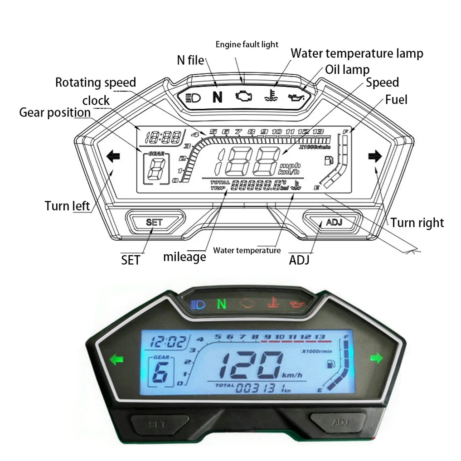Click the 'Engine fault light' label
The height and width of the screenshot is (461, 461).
(247, 44)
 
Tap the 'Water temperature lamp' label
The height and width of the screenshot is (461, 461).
(357, 53)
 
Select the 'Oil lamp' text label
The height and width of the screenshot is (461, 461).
(347, 70)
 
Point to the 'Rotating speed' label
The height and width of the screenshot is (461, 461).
(96, 83)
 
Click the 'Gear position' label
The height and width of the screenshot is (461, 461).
(55, 112)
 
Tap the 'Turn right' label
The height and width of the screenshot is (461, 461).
(417, 223)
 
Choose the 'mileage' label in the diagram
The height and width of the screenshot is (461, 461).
(184, 257)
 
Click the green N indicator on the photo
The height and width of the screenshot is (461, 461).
(221, 303)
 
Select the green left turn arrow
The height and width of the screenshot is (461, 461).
(116, 360)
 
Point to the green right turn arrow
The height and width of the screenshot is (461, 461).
(377, 359)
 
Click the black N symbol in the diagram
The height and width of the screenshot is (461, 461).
(218, 97)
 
